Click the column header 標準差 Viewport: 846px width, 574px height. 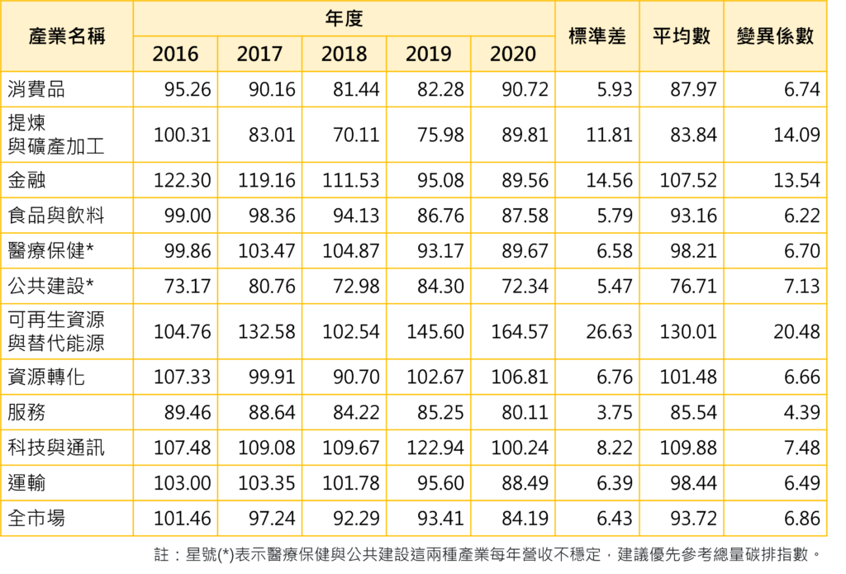click(597, 36)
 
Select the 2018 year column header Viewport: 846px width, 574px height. click(344, 55)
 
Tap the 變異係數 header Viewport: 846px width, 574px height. click(774, 36)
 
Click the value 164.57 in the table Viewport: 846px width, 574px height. click(519, 332)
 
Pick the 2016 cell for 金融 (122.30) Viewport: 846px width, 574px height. click(183, 179)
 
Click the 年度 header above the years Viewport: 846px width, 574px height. click(344, 18)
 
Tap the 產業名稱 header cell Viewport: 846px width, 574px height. click(67, 36)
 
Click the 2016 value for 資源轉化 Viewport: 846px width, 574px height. click(183, 377)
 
